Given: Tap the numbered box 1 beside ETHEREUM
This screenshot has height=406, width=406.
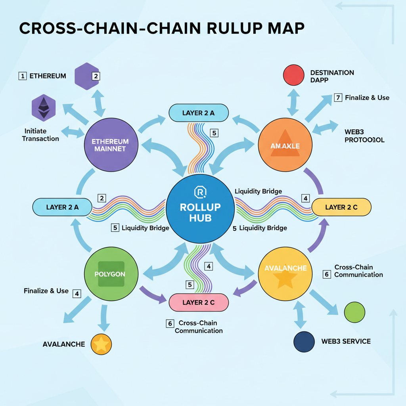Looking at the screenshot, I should (23, 76).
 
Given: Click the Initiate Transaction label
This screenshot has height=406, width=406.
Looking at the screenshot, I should (41, 135).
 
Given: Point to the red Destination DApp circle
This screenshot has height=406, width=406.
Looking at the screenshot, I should (294, 76).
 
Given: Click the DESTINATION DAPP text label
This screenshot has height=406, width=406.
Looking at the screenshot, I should (332, 77).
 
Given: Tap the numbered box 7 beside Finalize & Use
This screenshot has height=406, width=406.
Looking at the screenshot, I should (338, 98).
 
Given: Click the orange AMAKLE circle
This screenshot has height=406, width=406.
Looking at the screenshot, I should (285, 146).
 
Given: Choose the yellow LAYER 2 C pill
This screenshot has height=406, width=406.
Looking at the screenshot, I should (341, 207).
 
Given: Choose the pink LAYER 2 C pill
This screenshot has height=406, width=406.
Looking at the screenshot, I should (199, 303).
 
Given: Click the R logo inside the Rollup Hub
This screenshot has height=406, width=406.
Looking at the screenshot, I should (199, 192).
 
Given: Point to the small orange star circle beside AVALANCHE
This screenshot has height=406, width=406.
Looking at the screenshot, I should (101, 344).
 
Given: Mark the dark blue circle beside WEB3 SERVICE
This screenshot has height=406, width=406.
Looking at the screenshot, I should (304, 341).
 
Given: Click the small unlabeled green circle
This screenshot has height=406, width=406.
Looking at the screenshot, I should (354, 312).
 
